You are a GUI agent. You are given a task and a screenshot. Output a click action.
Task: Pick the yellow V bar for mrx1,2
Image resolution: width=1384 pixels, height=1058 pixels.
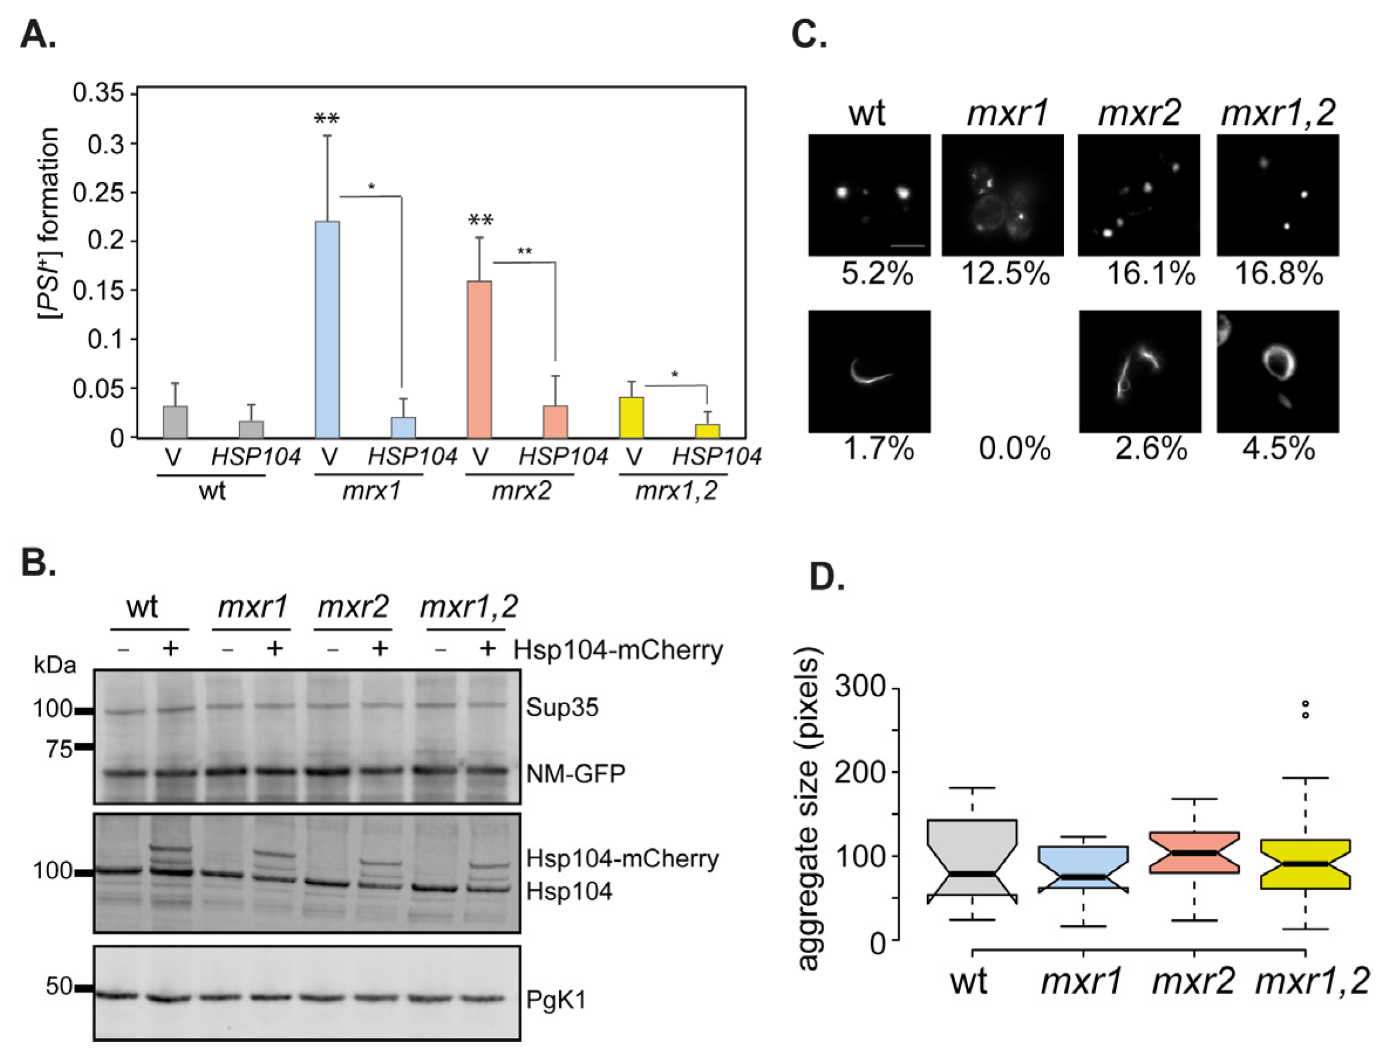click(x=631, y=417)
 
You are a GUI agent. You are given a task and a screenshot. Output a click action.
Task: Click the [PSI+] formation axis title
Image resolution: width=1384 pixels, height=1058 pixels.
click(x=49, y=223)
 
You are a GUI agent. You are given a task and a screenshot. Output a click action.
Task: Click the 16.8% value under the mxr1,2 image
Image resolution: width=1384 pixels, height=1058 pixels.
click(x=1278, y=274)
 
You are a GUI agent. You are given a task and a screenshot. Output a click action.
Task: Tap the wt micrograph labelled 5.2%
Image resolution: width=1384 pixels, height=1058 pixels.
click(x=869, y=194)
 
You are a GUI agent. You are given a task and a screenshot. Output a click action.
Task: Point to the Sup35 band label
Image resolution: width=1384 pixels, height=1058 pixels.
click(x=562, y=707)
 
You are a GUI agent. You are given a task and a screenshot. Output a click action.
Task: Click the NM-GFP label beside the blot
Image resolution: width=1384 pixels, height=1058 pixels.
click(x=576, y=773)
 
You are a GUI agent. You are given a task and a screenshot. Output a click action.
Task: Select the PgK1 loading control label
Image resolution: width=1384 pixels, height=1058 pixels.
click(x=556, y=999)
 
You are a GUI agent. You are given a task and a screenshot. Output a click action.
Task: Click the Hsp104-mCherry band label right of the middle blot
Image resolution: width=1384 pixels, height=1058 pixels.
click(x=622, y=858)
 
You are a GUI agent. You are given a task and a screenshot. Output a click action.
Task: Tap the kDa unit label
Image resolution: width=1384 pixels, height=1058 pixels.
click(x=55, y=665)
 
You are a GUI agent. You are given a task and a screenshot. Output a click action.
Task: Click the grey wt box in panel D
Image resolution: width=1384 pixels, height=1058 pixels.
click(x=972, y=857)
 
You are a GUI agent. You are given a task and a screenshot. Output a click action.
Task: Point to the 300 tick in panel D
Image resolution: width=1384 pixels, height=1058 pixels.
click(x=860, y=687)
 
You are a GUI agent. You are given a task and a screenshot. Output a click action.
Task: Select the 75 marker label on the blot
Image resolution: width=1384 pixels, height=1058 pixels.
click(x=59, y=748)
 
